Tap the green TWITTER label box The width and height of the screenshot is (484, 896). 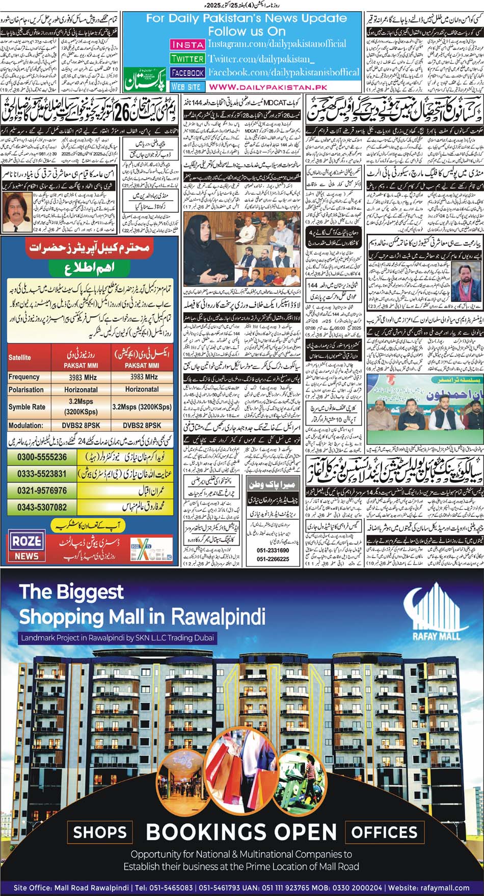187,59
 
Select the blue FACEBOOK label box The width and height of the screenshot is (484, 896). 187,73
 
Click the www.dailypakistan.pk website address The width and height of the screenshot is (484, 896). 268,87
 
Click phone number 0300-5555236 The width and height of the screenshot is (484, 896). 42,457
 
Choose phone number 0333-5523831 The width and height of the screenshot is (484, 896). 42,473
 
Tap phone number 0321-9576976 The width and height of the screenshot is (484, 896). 42,491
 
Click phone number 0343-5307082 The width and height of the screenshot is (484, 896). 42,508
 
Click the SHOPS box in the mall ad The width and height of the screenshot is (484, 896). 99,832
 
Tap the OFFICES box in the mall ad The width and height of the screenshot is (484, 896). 385,832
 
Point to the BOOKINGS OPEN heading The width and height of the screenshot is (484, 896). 241,832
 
